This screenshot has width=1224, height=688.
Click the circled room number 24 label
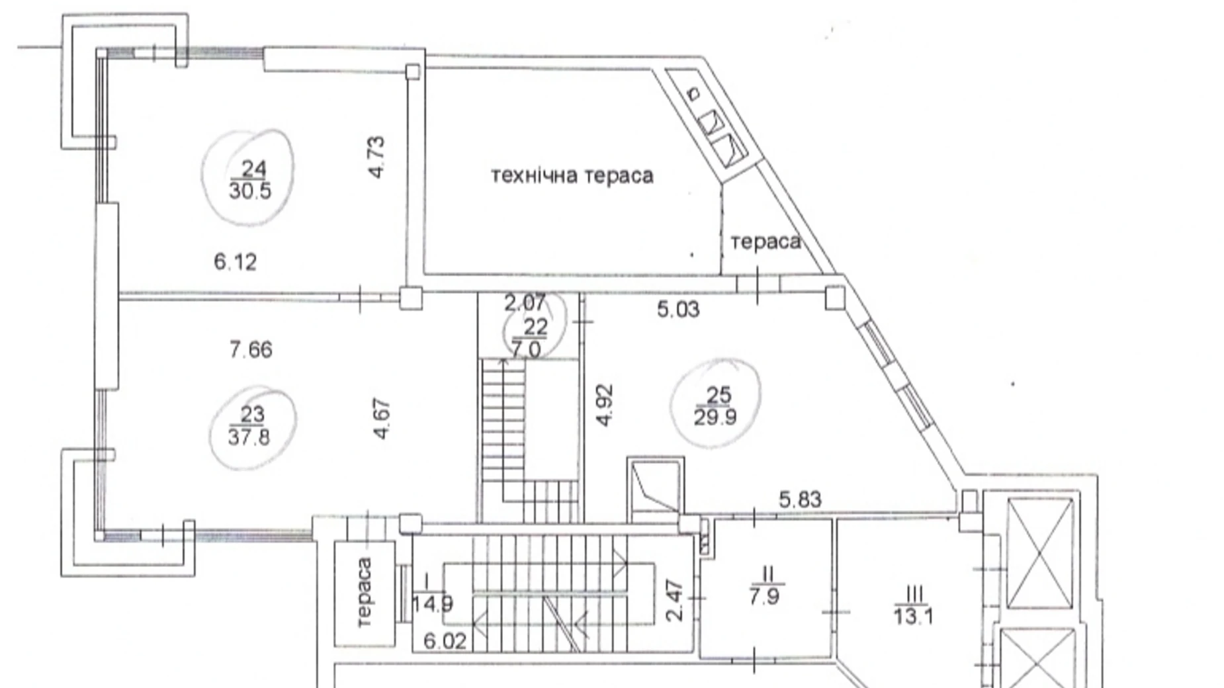point(252,168)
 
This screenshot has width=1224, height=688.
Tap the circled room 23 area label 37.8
point(249,437)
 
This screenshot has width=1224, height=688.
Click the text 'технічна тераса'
point(572,175)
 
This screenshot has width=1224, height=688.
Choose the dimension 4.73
point(376,157)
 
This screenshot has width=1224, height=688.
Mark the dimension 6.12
point(235,262)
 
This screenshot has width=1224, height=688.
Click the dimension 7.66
point(251,349)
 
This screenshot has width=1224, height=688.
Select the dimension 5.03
point(678,310)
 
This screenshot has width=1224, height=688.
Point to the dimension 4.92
point(605,405)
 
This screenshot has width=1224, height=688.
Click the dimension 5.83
point(800,499)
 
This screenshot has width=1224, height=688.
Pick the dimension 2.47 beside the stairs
point(674,600)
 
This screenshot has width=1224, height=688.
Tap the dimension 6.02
point(445,641)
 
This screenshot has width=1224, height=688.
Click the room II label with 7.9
point(765,585)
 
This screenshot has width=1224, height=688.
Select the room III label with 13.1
point(914,605)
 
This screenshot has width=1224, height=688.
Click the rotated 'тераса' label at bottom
point(363,591)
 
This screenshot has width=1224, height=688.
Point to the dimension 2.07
point(525,303)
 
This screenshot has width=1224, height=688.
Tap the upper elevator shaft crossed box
point(1039,553)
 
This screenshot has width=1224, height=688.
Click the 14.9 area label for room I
point(433,604)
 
